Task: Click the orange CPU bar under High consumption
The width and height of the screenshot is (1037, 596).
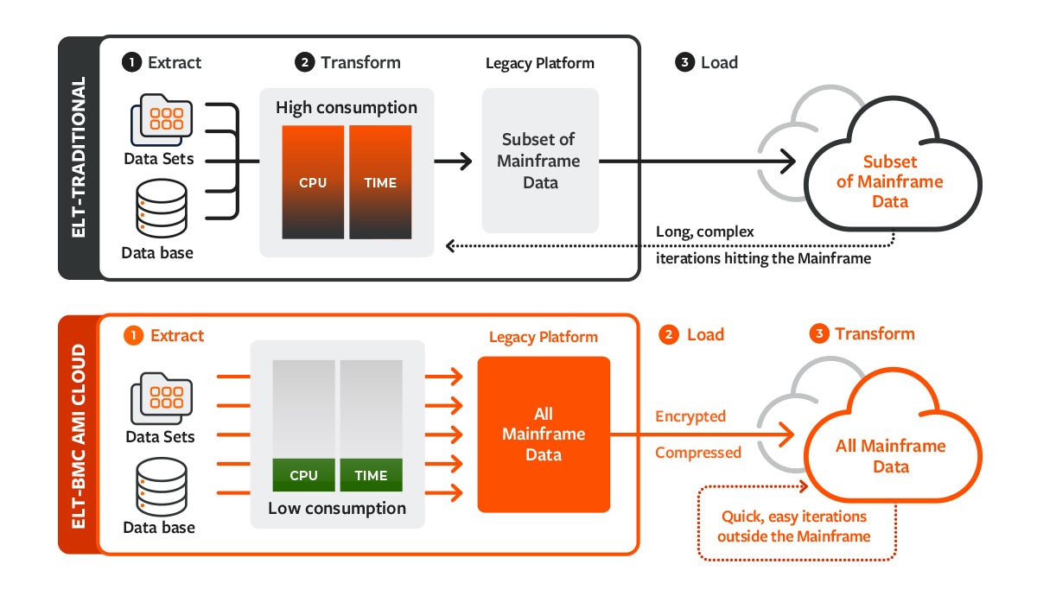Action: (x=313, y=182)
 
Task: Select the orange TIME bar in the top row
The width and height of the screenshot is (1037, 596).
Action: (x=380, y=182)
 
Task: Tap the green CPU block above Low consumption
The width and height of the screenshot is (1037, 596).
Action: (x=303, y=475)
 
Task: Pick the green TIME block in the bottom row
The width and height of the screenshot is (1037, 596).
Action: (x=371, y=475)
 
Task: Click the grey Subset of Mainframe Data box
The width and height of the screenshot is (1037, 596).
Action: (x=540, y=161)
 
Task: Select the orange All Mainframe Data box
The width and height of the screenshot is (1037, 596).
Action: (x=544, y=434)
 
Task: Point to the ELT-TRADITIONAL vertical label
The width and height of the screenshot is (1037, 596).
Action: (x=79, y=158)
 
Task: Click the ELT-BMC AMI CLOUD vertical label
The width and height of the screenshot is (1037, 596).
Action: (x=79, y=434)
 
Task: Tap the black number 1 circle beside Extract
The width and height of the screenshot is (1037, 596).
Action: (x=131, y=63)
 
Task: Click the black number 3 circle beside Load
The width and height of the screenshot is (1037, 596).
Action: (x=685, y=63)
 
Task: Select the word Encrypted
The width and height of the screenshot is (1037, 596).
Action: (x=690, y=416)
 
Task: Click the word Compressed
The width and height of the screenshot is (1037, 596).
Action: (x=698, y=453)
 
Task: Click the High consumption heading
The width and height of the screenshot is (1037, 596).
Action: (x=347, y=108)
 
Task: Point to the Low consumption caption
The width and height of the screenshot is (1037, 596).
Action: (x=337, y=508)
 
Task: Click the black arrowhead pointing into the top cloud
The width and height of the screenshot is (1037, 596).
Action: (x=788, y=161)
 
